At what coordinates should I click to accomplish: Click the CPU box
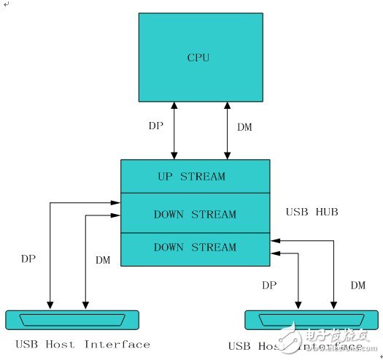(201, 57)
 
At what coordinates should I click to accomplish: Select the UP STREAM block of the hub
(195, 176)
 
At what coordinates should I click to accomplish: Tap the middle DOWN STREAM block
(195, 214)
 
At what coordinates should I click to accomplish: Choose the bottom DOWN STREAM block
(195, 247)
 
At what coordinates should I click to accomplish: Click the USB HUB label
(312, 212)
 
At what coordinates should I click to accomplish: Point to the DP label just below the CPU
(155, 126)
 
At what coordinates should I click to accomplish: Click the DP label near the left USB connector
(28, 258)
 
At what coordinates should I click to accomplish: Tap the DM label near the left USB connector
(103, 259)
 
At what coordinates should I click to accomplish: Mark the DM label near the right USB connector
(357, 284)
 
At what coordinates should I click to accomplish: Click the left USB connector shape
(71, 319)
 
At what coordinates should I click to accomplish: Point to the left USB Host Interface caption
(82, 344)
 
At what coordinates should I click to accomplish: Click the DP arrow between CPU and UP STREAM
(174, 130)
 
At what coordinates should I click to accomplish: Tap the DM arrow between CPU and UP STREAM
(228, 130)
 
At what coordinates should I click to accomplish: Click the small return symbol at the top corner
(5, 4)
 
